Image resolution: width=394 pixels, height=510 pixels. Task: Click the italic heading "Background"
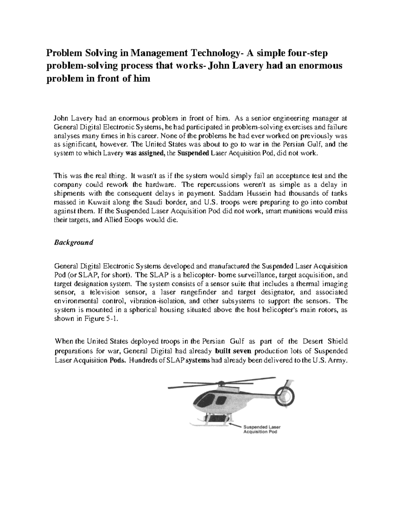[74, 242]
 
